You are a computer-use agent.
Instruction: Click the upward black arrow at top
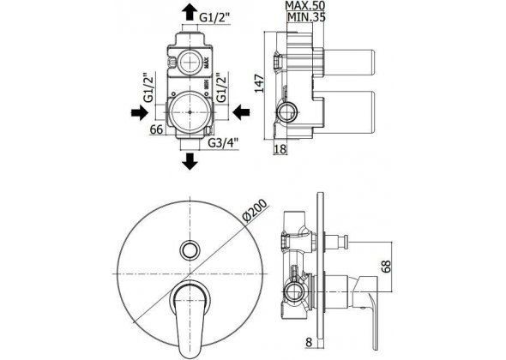(190, 12)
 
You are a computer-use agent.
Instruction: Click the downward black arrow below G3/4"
(190, 161)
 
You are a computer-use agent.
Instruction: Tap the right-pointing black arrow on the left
(140, 112)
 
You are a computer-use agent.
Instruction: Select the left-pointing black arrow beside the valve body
(241, 112)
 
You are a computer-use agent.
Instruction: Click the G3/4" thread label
(223, 142)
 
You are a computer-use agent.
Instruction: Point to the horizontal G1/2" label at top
(214, 18)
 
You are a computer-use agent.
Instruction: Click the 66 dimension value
(156, 129)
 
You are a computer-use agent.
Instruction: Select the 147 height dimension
(260, 83)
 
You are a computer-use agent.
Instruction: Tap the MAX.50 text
(305, 5)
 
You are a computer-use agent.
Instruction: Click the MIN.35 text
(306, 16)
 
